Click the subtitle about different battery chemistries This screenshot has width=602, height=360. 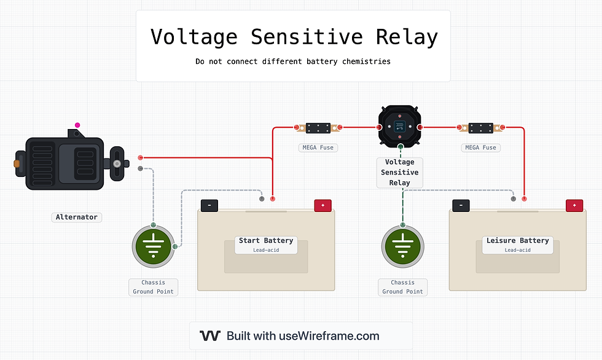293,61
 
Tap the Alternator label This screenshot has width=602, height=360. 77,217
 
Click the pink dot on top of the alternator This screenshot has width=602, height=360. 77,125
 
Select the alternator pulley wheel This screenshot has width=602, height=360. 117,164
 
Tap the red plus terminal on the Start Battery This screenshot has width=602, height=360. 322,206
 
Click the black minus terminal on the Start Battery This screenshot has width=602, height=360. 209,206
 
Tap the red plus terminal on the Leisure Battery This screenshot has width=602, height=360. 574,206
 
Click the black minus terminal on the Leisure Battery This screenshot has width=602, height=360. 461,206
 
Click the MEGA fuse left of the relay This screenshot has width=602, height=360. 318,128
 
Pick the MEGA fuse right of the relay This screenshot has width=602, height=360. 481,128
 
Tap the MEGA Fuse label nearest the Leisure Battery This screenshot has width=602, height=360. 480,147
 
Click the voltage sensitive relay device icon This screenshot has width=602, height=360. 400,126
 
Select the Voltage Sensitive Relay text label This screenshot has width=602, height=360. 399,173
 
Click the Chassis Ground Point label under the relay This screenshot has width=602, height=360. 402,287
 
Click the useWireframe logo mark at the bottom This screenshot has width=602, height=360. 210,336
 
